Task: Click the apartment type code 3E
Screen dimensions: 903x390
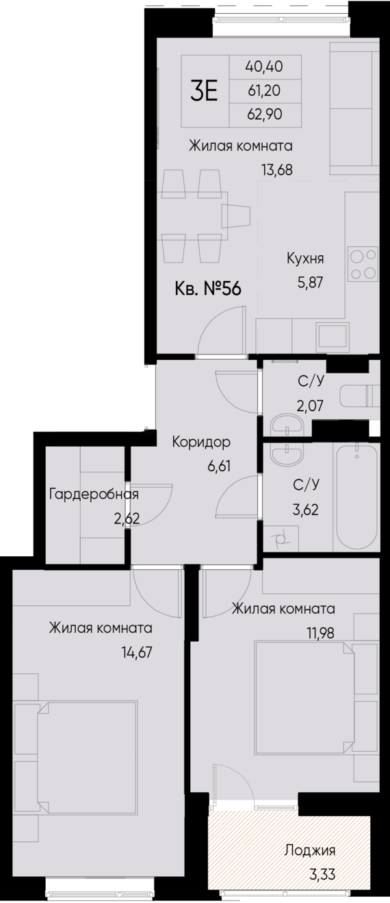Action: click(x=204, y=91)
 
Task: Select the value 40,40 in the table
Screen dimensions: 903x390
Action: click(x=264, y=66)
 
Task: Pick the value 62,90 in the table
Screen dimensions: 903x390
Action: click(x=264, y=114)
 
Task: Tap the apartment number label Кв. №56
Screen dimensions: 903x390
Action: click(x=208, y=289)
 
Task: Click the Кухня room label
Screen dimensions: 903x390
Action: click(x=304, y=259)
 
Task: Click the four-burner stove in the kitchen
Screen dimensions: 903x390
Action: click(x=363, y=263)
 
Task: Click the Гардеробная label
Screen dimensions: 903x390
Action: click(x=94, y=494)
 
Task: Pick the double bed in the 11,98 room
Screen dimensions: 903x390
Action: click(x=308, y=696)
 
